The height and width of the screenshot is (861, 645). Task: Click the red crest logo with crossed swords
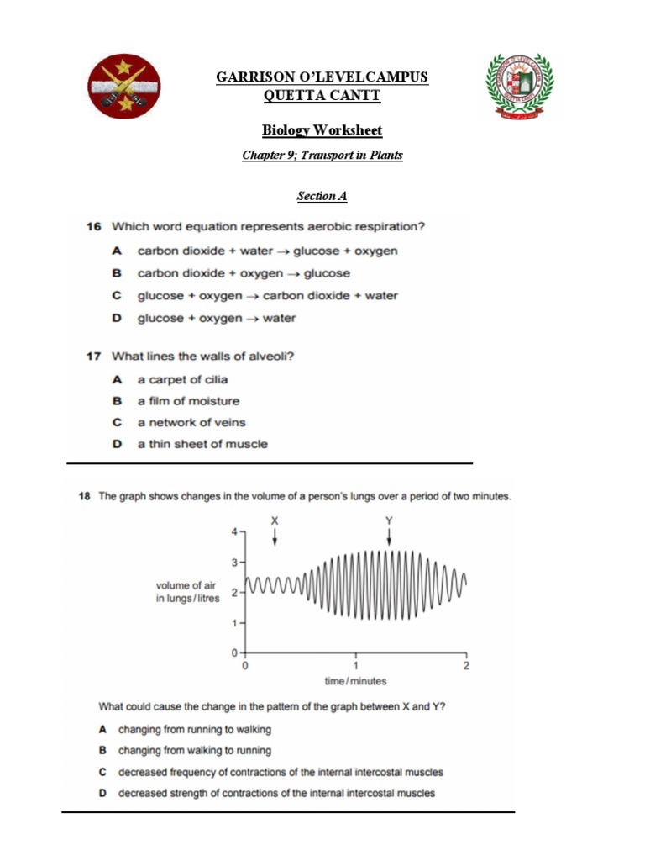click(x=125, y=87)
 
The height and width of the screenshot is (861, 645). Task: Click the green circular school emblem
click(x=520, y=87)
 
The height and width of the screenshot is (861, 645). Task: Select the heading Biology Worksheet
click(x=322, y=130)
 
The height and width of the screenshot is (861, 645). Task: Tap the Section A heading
click(x=322, y=196)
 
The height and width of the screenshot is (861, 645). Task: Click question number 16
click(x=93, y=227)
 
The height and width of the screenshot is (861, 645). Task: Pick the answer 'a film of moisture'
click(x=188, y=401)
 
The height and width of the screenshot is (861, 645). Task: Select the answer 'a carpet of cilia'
click(x=182, y=379)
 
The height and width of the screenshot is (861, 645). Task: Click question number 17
click(x=93, y=357)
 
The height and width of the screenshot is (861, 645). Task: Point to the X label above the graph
click(x=274, y=520)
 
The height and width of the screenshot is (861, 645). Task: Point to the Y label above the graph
click(x=388, y=520)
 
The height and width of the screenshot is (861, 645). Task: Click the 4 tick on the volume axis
click(x=235, y=531)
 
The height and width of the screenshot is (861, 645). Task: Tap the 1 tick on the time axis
click(x=355, y=665)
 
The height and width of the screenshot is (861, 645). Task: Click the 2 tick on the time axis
click(x=466, y=665)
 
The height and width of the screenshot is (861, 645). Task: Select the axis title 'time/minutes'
click(x=355, y=681)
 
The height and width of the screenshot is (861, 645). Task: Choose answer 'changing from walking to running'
click(x=195, y=750)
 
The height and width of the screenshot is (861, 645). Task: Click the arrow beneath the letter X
click(x=274, y=537)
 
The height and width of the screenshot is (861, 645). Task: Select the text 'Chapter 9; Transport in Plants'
click(x=322, y=156)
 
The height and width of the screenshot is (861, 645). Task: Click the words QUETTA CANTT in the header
click(x=322, y=95)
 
